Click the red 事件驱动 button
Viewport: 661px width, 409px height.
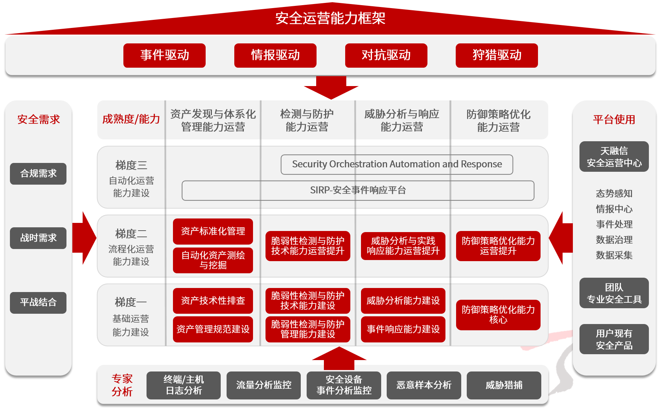[164, 56]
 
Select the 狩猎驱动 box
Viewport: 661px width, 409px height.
[496, 56]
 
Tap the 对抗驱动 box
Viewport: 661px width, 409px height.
[386, 56]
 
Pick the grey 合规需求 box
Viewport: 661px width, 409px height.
[38, 174]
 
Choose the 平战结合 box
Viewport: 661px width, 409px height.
[38, 303]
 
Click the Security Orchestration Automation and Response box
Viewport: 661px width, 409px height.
[397, 164]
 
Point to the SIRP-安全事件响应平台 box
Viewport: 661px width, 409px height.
[358, 191]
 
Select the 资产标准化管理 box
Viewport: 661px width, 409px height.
[213, 231]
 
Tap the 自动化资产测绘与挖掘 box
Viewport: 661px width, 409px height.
[213, 260]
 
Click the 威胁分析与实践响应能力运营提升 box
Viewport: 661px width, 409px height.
[403, 246]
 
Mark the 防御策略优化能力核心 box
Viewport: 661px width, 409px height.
[498, 315]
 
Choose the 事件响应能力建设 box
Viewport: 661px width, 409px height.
[403, 329]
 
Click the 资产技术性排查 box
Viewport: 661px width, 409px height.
[213, 301]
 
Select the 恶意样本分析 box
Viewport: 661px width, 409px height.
[424, 385]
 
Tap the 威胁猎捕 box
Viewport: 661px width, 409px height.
[504, 385]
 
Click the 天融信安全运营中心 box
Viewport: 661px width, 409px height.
[614, 157]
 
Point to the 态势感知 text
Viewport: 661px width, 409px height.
[614, 193]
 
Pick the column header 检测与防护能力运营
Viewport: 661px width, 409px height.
[307, 120]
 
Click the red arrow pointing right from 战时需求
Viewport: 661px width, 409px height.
[85, 238]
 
